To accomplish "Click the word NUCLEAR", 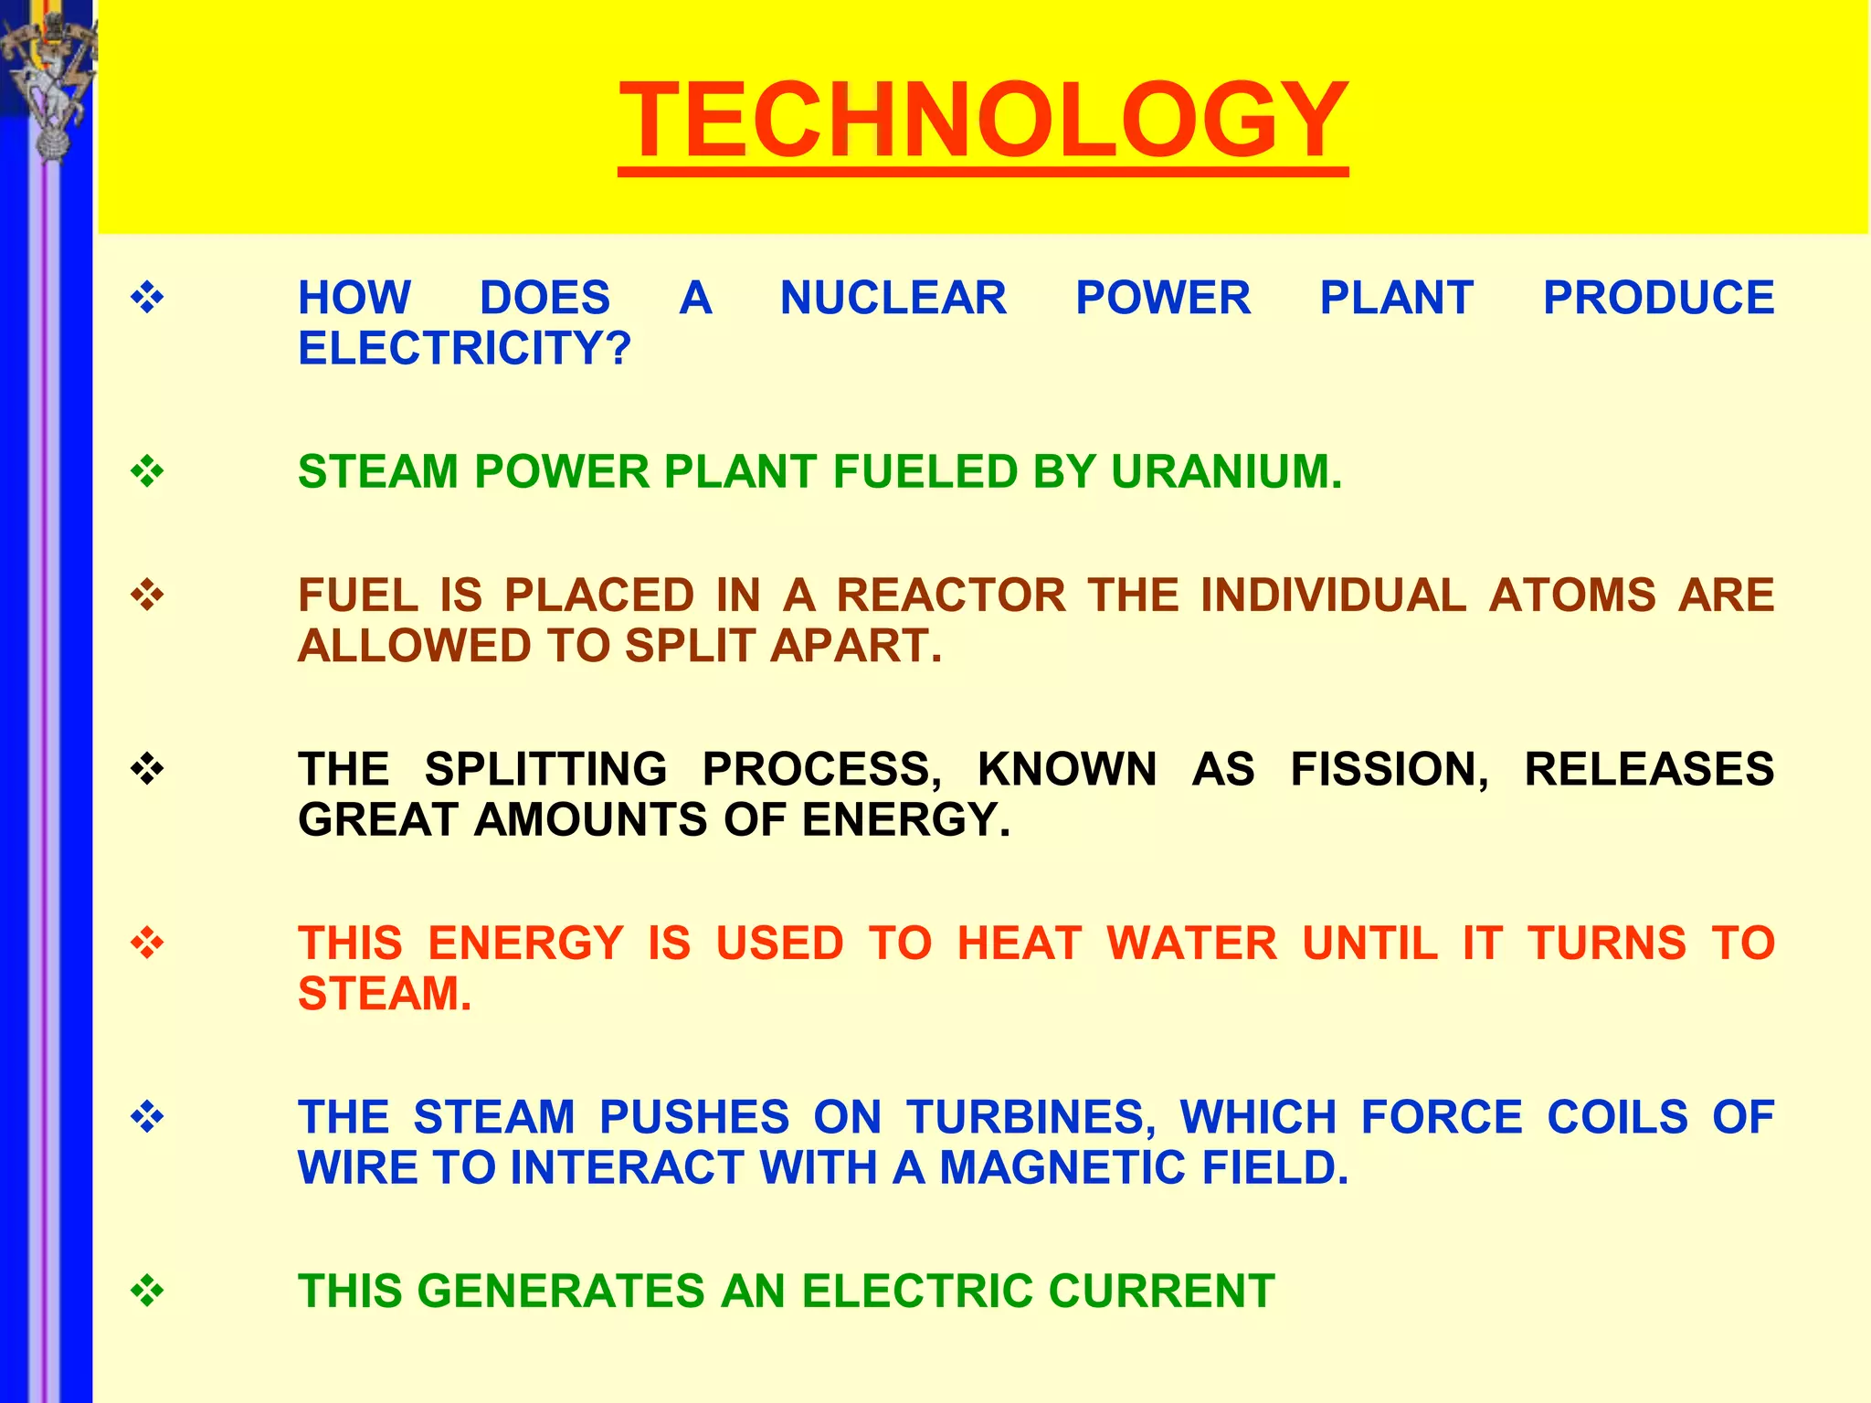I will (x=893, y=298).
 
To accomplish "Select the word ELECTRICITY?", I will (x=464, y=348).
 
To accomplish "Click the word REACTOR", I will (x=951, y=596).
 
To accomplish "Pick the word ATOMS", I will (x=1572, y=596).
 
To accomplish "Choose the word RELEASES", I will (x=1649, y=769).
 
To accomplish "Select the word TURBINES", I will (x=1031, y=1117).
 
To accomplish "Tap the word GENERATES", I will (x=560, y=1292).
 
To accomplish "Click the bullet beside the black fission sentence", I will (x=147, y=769).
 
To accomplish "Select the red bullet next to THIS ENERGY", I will (x=147, y=943).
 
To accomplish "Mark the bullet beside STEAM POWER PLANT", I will (x=147, y=472).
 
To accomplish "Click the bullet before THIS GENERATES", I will (x=147, y=1292).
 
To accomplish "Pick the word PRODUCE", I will (x=1658, y=298).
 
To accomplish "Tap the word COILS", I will (x=1617, y=1117).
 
